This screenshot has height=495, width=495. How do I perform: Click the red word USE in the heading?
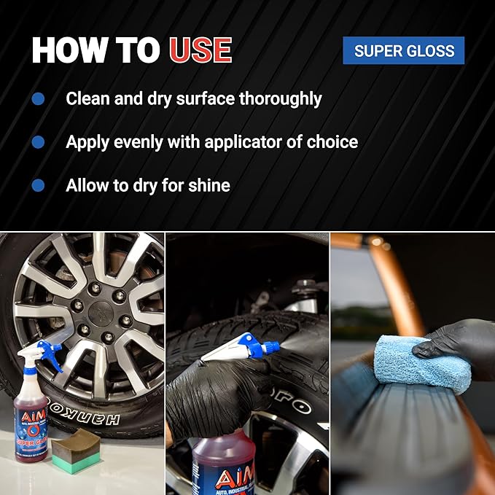200,50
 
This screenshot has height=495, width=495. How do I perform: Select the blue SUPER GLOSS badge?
404,51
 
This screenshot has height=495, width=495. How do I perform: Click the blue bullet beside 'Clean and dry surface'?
39,98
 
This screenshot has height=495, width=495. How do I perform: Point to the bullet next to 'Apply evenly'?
39,141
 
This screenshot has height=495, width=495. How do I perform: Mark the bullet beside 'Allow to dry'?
39,185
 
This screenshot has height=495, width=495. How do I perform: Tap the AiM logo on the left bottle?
31,418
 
